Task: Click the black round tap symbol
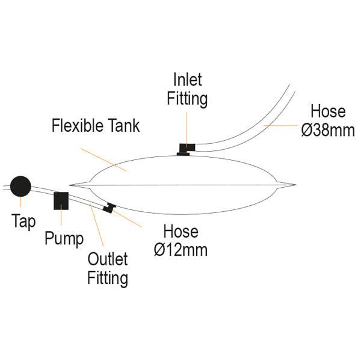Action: click(20, 186)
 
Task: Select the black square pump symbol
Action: click(61, 200)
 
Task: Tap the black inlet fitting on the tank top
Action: click(186, 149)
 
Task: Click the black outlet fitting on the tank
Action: click(109, 208)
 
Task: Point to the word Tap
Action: click(23, 221)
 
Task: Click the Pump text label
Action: click(64, 238)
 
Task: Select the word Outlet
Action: click(108, 259)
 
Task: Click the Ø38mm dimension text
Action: click(328, 129)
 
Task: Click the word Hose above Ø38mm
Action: click(328, 111)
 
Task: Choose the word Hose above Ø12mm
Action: click(180, 232)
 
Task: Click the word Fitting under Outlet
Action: click(108, 278)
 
